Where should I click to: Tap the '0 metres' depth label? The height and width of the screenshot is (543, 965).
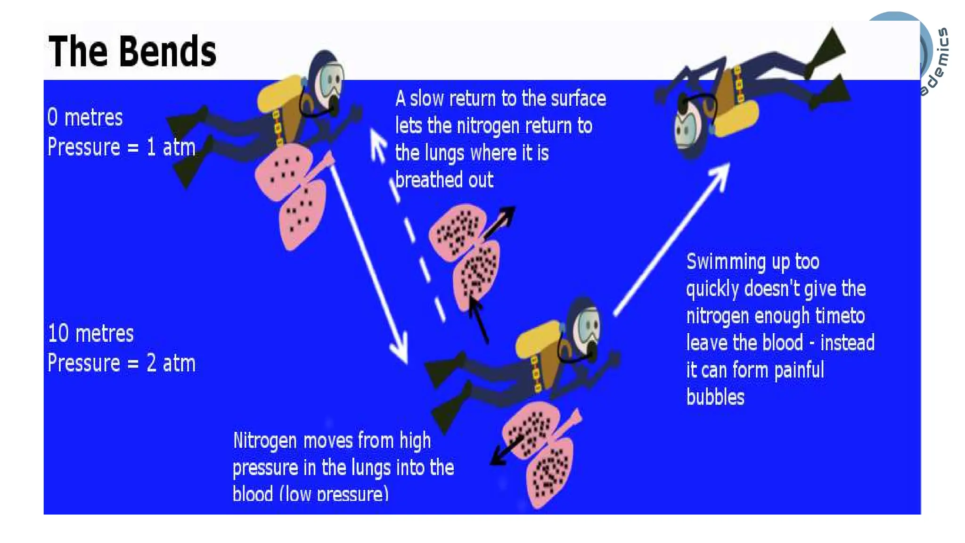click(x=85, y=117)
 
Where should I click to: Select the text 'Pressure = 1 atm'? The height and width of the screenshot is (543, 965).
click(x=121, y=147)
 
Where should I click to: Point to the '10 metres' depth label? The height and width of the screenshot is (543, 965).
click(x=90, y=334)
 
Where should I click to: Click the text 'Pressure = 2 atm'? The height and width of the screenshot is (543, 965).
click(x=121, y=363)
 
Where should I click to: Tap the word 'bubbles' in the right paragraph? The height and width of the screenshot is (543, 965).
click(x=715, y=397)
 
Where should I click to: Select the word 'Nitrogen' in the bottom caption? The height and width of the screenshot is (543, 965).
click(x=264, y=441)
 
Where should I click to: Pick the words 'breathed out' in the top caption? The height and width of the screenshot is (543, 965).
click(x=444, y=180)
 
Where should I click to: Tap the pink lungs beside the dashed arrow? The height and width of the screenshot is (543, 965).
click(x=466, y=255)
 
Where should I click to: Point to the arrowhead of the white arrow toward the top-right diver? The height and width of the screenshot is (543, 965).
click(x=721, y=173)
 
